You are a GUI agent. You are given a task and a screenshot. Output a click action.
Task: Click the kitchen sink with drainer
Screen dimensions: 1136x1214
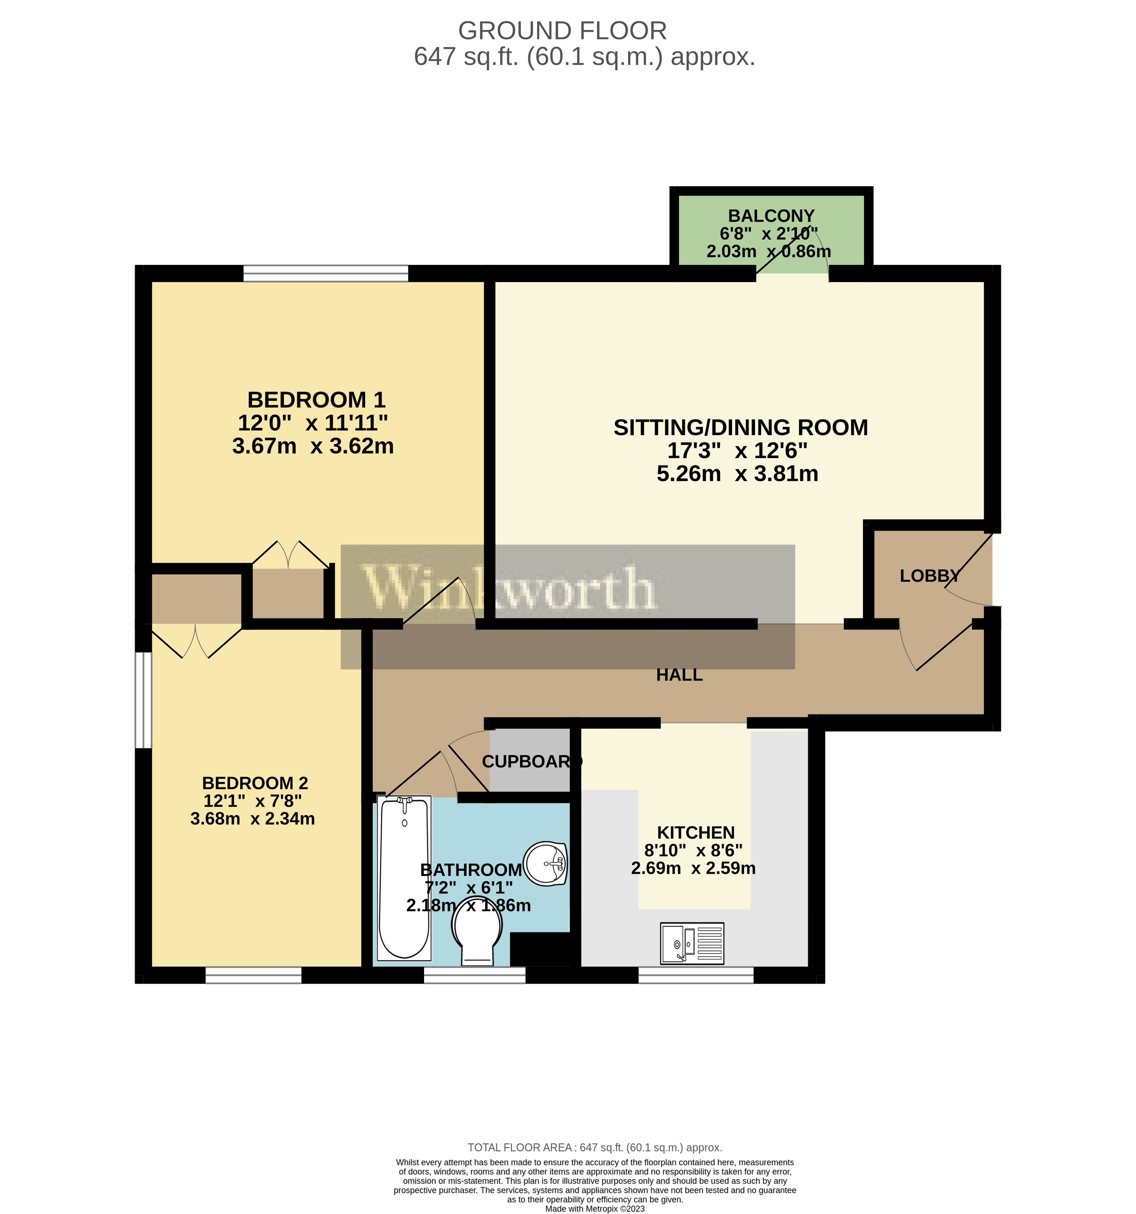coord(692,943)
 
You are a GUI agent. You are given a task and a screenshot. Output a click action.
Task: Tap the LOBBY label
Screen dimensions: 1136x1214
coord(929,575)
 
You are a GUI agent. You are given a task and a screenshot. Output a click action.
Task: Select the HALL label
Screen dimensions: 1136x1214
coord(679,675)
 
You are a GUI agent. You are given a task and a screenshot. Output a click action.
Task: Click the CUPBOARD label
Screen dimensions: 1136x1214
coord(532,761)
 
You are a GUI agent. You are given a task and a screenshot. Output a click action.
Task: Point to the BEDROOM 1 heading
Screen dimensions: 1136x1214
coord(316,400)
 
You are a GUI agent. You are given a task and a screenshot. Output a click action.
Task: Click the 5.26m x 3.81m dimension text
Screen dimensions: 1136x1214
coord(737,473)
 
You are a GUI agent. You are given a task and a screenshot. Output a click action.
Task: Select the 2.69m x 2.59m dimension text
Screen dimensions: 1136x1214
coord(693,868)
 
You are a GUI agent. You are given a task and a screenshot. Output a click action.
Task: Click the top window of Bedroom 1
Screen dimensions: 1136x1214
coord(326,273)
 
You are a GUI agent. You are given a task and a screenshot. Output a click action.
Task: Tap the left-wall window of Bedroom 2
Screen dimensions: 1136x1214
coord(143,700)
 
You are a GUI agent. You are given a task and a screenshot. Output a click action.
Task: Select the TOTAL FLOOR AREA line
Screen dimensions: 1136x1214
coord(595,1147)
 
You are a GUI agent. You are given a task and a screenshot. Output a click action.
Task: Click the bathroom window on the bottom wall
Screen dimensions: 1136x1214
coord(475,975)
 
